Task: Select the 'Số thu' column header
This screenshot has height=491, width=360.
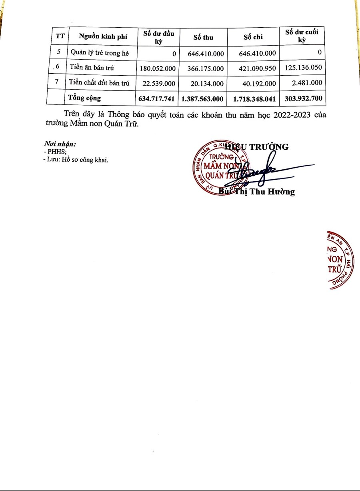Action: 203,38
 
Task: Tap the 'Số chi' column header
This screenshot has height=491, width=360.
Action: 253,38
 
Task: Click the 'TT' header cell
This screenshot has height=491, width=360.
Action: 60,37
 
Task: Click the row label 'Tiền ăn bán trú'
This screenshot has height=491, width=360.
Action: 92,68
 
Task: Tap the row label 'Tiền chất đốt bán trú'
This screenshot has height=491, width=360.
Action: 99,82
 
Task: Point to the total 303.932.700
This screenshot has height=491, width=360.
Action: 302,98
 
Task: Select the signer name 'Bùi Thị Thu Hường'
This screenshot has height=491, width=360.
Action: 257,192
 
